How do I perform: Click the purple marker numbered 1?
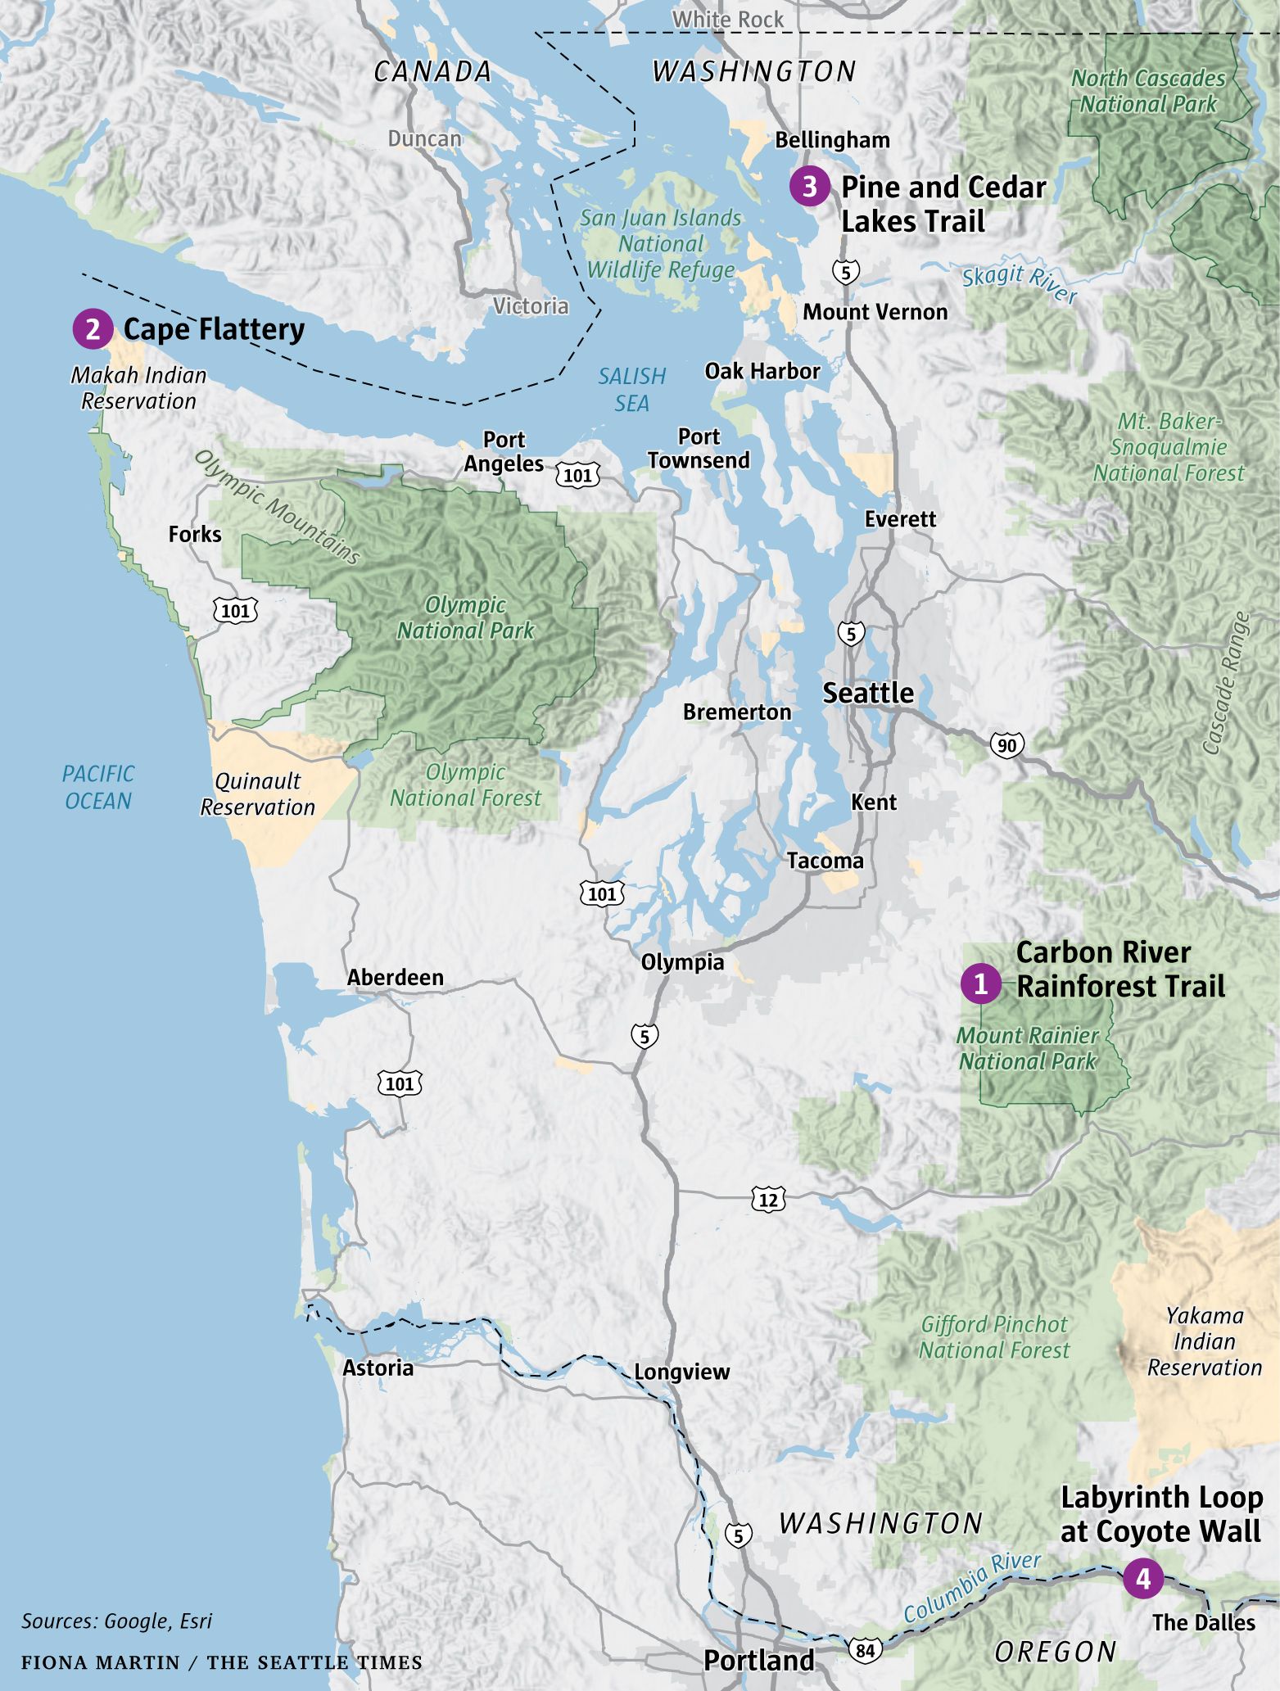tap(980, 983)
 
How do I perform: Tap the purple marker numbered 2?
tap(93, 329)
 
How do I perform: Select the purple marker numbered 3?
tap(809, 187)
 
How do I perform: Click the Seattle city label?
tap(868, 694)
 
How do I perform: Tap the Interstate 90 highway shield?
tap(1006, 745)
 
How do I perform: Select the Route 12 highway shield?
tap(768, 1200)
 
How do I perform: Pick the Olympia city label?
tap(682, 962)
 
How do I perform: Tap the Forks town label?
tap(195, 535)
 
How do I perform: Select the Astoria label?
tap(378, 1368)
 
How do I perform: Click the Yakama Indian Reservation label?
tap(1204, 1341)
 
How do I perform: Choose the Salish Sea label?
tap(631, 390)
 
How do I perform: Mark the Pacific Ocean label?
tap(98, 787)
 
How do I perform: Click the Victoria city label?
tap(531, 306)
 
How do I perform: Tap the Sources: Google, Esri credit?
tap(116, 1621)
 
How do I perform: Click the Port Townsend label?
tap(699, 449)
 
